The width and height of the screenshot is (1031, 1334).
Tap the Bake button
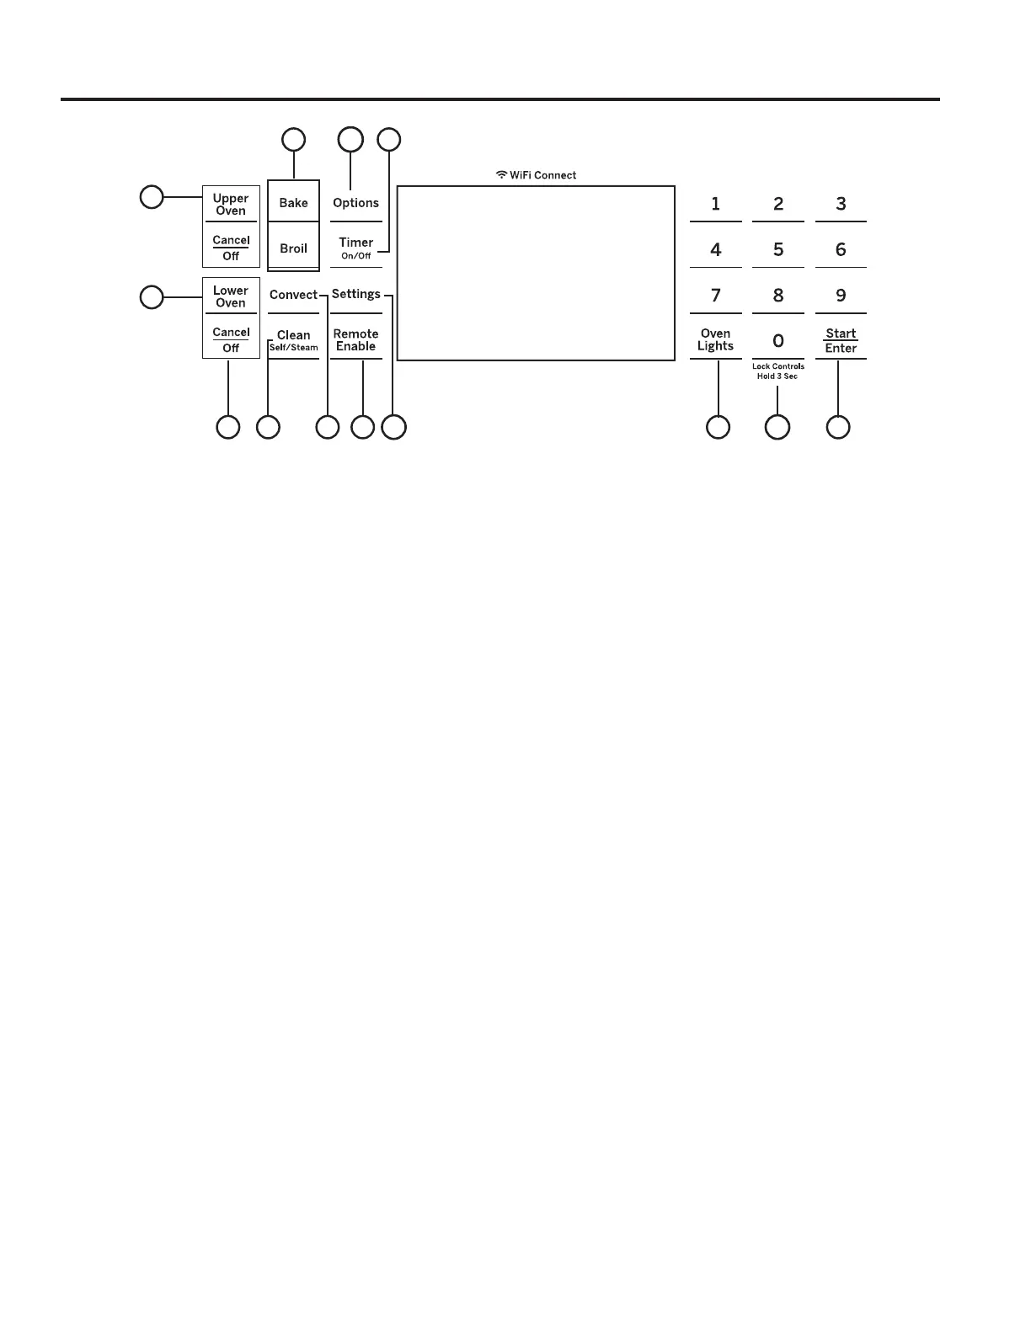click(x=293, y=203)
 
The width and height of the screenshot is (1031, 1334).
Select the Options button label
click(x=355, y=203)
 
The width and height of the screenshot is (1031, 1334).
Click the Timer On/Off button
click(x=355, y=248)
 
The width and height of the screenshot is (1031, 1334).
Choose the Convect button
click(x=293, y=295)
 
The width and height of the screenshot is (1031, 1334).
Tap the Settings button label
click(x=355, y=294)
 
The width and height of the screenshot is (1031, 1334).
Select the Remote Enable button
click(x=355, y=340)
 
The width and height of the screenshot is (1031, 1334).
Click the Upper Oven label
click(x=230, y=205)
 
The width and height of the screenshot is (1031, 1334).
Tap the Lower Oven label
click(x=230, y=296)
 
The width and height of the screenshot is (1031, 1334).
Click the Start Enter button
click(x=841, y=340)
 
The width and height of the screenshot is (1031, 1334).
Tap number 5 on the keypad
click(x=778, y=249)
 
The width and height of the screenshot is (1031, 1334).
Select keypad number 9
click(x=841, y=296)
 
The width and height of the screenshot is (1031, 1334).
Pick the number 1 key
click(x=716, y=204)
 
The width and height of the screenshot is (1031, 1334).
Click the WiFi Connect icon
click(x=501, y=175)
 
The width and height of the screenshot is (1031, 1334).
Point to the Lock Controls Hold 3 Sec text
click(x=777, y=371)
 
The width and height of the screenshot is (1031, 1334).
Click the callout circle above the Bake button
click(x=293, y=140)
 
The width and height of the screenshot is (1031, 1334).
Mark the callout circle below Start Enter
click(x=838, y=427)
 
